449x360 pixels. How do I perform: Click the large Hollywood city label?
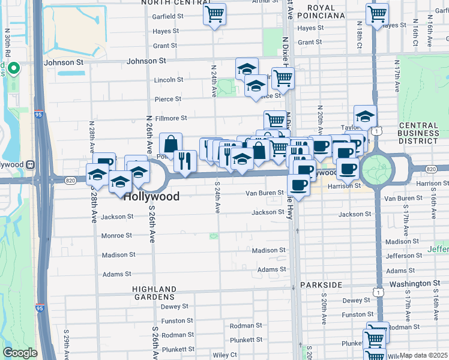pyautogui.click(x=152, y=196)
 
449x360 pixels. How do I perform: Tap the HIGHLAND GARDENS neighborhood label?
pyautogui.click(x=155, y=293)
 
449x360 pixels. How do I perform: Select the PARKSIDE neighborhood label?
pyautogui.click(x=321, y=284)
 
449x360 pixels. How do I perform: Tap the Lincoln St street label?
pyautogui.click(x=169, y=79)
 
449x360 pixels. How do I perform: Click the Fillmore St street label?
pyautogui.click(x=172, y=118)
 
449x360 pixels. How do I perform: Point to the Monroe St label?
pyautogui.click(x=116, y=236)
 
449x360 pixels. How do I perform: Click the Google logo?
pyautogui.click(x=20, y=353)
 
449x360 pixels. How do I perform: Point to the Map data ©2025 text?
pyautogui.click(x=423, y=355)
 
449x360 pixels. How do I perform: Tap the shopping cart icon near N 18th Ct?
pyautogui.click(x=377, y=14)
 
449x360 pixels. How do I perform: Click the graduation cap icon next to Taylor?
pyautogui.click(x=364, y=116)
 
